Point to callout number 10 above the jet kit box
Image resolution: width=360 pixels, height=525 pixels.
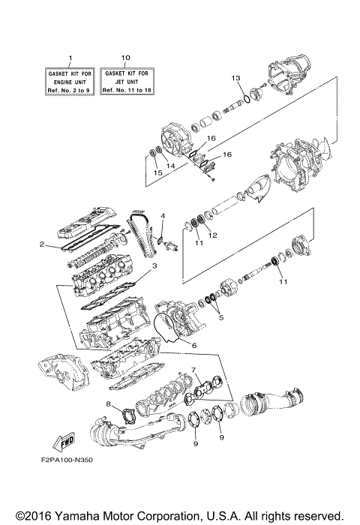pos(124,58)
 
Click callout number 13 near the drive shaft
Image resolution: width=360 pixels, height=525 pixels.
pos(235,79)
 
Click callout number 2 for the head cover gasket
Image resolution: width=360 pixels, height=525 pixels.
pos(43,244)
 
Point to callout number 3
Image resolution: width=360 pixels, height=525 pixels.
pos(154,265)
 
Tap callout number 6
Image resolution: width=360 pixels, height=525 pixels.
pos(193,344)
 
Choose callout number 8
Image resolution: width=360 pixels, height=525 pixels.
pos(109,405)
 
